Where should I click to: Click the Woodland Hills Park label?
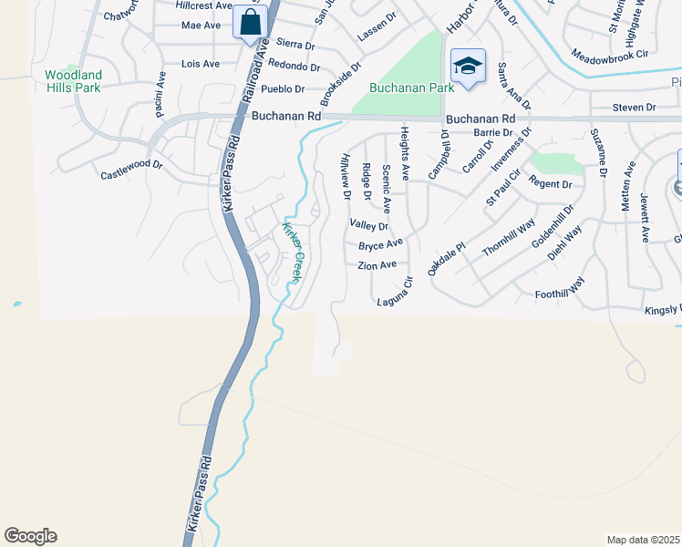pos(74,80)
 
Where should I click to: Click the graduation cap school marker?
pos(467,67)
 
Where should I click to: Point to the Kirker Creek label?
pos(293,252)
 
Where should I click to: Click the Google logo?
pos(30,535)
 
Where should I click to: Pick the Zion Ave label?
pos(377,265)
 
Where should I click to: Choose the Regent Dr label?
pos(550,184)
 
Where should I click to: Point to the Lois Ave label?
pos(201,64)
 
